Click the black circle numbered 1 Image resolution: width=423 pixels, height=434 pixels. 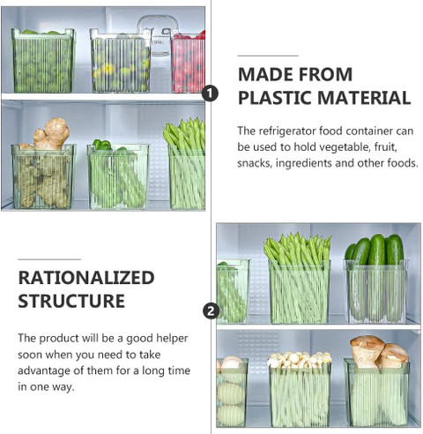(x=210, y=94)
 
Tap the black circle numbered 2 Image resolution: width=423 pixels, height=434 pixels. (x=211, y=311)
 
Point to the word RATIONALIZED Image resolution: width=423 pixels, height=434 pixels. (x=86, y=278)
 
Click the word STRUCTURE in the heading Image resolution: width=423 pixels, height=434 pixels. (x=71, y=301)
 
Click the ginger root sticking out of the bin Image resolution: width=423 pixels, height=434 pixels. (x=51, y=134)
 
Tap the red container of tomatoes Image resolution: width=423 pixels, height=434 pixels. (x=189, y=63)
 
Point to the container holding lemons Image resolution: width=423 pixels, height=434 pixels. (x=121, y=61)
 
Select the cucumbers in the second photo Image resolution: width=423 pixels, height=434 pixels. (x=375, y=250)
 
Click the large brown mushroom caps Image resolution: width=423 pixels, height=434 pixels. (x=379, y=351)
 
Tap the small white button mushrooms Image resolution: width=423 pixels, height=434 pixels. (x=300, y=360)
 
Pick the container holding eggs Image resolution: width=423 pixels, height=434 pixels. (x=232, y=392)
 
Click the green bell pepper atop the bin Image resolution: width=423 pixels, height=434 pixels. (x=102, y=145)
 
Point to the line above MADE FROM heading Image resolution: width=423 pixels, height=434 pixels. (x=268, y=56)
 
